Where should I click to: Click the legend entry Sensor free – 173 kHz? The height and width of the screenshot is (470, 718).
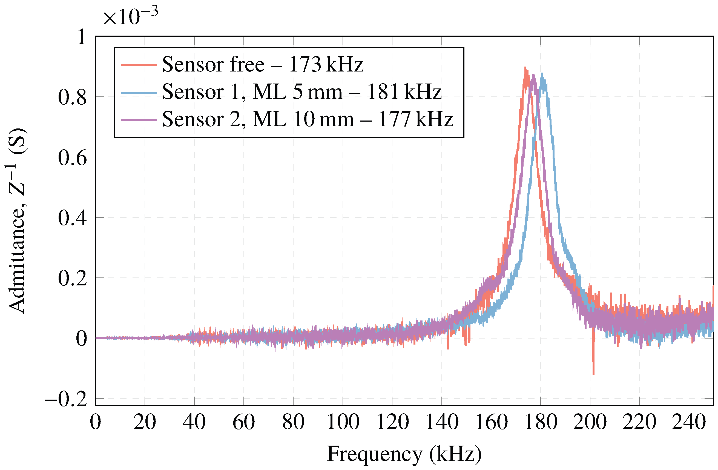262,65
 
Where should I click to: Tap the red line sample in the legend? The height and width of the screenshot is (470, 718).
139,65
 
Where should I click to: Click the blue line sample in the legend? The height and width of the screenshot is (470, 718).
139,92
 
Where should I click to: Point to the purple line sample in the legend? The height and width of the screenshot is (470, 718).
139,120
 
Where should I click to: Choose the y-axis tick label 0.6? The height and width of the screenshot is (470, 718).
72,158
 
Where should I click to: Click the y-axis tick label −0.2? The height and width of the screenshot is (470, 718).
66,399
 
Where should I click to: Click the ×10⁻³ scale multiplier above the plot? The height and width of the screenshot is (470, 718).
130,17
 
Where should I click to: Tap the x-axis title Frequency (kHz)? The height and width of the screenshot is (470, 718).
404,454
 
